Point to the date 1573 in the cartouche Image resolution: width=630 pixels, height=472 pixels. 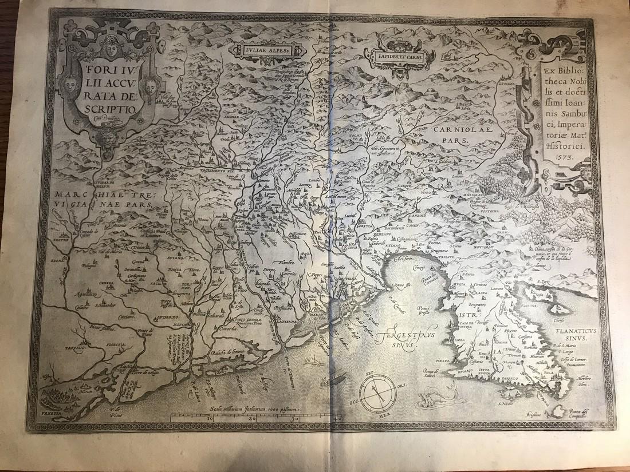[x=558, y=156]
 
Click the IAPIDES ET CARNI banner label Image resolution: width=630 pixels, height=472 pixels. [x=403, y=55]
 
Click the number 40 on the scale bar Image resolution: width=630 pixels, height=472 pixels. [x=336, y=419]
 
